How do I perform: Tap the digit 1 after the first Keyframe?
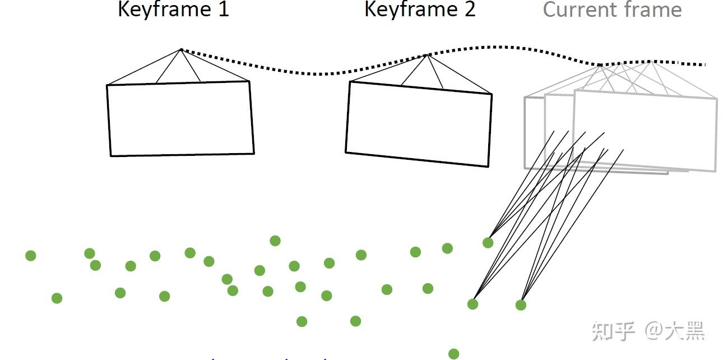[x=224, y=10]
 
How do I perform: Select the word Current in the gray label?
[x=578, y=10]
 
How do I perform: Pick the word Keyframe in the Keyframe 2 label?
[x=408, y=10]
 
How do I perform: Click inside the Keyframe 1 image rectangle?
[x=180, y=118]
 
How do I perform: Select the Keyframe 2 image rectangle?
[x=419, y=124]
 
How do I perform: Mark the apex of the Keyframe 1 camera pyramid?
[x=181, y=49]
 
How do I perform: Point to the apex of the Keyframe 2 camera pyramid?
[x=427, y=55]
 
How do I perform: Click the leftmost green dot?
[x=31, y=256]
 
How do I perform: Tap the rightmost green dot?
[x=521, y=305]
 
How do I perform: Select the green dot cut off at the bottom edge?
[x=454, y=354]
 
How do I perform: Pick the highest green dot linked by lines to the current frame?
[x=488, y=243]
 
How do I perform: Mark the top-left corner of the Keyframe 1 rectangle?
[x=107, y=85]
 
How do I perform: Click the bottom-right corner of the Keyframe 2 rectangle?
[x=488, y=166]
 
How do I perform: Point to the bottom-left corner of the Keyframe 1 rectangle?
[x=111, y=156]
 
